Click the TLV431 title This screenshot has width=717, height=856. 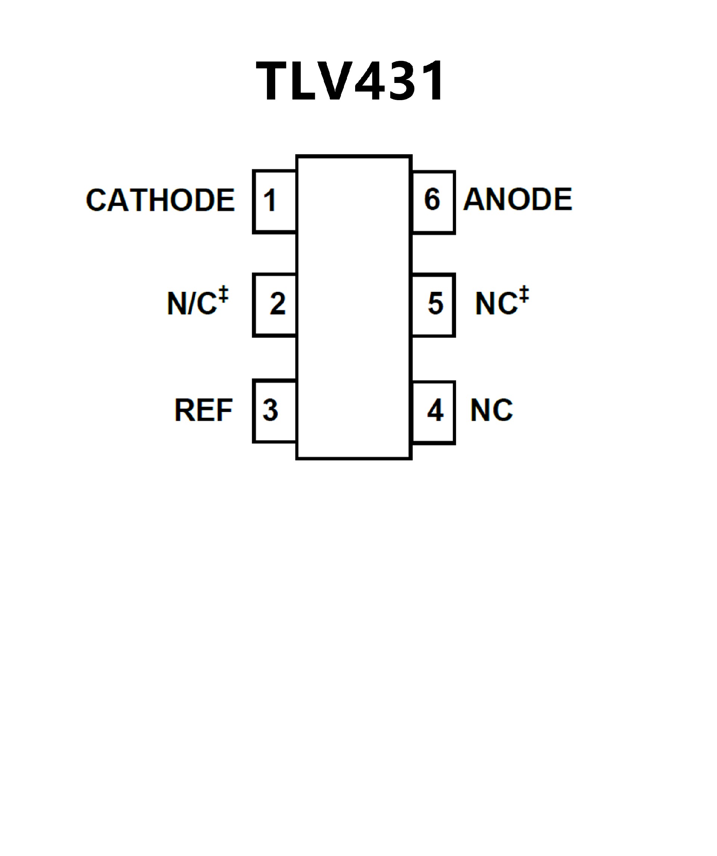[350, 80]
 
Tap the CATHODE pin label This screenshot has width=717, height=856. [160, 200]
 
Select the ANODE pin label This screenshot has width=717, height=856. [518, 199]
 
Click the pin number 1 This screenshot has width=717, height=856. [270, 200]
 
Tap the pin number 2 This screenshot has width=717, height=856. [277, 304]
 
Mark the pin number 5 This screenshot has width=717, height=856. [435, 304]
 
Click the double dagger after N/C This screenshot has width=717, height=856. [223, 294]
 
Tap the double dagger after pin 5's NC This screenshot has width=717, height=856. [524, 294]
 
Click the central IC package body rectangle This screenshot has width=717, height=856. [354, 308]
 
